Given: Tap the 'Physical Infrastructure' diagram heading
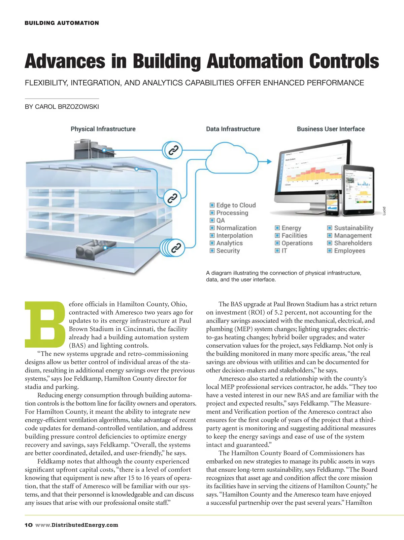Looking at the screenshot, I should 103,129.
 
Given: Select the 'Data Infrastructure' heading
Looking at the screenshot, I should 233,129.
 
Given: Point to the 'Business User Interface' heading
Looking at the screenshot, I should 331,129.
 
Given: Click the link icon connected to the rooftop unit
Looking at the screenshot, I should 173,150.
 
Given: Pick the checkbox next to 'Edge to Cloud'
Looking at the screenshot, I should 212,205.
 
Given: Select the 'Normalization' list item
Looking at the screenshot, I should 236,228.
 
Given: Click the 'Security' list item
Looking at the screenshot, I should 228,251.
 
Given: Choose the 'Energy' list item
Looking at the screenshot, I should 291,228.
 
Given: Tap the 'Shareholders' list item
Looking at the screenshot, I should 353,243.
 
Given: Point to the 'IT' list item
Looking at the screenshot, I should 284,251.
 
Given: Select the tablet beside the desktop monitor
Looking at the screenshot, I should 358,190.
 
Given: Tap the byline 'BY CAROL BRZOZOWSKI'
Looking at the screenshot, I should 62,107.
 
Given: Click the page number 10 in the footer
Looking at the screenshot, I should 29,525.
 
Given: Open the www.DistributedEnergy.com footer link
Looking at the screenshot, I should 77,525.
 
